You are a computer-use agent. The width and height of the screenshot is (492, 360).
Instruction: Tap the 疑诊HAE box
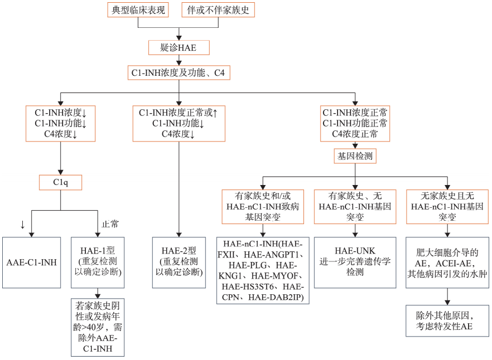pos(179,48)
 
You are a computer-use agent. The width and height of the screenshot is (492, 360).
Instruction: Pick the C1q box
pos(60,182)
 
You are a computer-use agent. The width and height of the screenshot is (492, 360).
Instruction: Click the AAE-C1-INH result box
pos(32,262)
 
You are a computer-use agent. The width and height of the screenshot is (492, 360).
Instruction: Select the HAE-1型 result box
pos(98,262)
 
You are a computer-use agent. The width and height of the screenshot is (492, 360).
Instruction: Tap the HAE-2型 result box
pos(178,262)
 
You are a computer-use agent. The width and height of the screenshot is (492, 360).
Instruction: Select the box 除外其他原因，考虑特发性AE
pos(447,320)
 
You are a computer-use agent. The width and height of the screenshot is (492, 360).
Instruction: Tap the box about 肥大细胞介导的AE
pos(447,262)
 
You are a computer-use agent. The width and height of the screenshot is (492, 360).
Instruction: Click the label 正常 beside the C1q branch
pos(110,225)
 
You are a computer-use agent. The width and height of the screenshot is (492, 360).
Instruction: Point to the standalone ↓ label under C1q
pos(22,225)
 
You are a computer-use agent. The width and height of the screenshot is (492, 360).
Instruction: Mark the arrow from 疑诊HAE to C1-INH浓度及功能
pos(179,60)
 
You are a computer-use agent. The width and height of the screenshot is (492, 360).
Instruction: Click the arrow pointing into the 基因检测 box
pos(355,143)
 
